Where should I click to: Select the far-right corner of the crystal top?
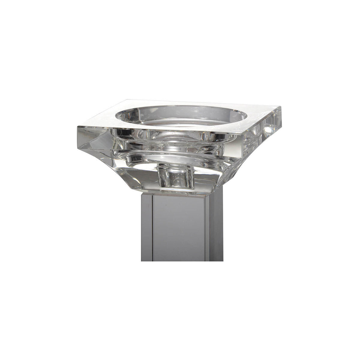(x=281, y=108)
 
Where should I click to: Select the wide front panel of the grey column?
(x=178, y=228)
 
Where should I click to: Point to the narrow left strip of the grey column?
(x=147, y=228)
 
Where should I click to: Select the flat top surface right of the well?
(x=258, y=115)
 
